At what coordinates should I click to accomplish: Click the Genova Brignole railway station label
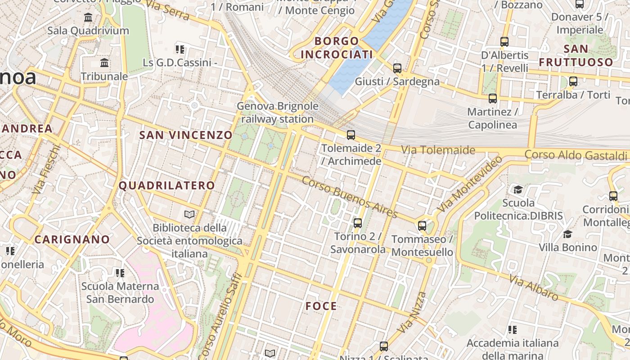pos(278,113)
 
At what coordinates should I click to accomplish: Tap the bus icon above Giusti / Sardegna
pos(397,68)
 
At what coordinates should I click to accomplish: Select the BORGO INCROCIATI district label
pos(337,48)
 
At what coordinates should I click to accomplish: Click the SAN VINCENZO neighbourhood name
pos(186,135)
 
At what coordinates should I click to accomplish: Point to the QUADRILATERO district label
pos(167,185)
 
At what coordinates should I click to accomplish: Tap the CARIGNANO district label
pos(72,239)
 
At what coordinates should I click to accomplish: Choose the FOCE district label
pos(321,306)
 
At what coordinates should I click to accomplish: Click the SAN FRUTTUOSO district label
pos(576,55)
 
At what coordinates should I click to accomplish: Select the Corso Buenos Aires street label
pos(350,197)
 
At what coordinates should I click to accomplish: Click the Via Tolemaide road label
pos(438,150)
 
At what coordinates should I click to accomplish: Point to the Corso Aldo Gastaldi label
pos(576,155)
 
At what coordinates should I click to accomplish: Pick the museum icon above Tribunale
pos(105,63)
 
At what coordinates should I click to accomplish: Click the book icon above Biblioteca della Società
pos(189,214)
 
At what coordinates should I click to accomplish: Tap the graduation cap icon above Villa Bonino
pos(567,234)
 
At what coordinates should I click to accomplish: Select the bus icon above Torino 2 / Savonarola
pos(358,223)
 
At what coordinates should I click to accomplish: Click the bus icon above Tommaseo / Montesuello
pos(422,225)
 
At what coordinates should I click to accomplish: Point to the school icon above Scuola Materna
pos(120,273)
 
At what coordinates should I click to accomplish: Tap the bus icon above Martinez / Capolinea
pos(493,98)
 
